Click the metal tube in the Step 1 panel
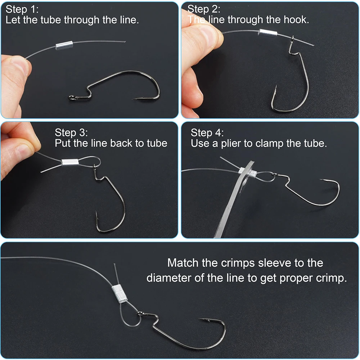point(64,45)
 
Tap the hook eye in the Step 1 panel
point(72,98)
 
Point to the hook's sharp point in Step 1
point(134,99)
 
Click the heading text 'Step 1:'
point(22,9)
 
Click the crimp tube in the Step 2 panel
point(268,33)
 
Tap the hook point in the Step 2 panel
point(276,87)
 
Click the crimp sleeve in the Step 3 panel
point(70,162)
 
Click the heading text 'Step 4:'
point(207,133)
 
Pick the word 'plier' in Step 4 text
point(231,144)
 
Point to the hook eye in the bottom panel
point(140,313)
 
